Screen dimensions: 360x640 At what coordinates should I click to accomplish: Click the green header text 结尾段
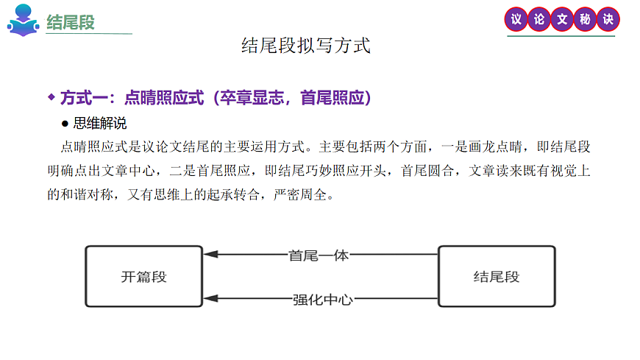click(71, 22)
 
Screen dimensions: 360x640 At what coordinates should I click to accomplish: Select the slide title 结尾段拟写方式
click(306, 46)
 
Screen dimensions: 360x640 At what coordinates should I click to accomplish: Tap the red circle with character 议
click(516, 20)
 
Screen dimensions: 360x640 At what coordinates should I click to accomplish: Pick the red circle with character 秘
click(586, 20)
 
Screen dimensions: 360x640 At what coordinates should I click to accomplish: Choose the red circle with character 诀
click(608, 20)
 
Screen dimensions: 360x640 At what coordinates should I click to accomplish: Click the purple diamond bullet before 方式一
click(51, 96)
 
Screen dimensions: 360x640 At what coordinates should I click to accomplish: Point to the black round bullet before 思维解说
click(65, 123)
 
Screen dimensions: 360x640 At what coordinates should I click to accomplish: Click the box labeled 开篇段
click(144, 277)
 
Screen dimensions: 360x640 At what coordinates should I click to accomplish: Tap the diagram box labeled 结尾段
click(497, 277)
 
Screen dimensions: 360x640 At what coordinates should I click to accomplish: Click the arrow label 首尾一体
click(319, 255)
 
